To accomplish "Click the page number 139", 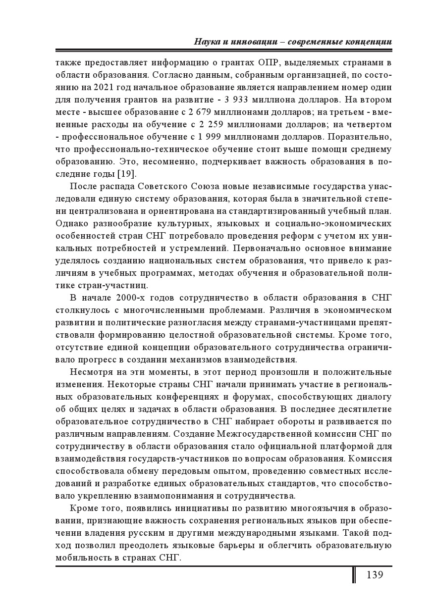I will [375, 575].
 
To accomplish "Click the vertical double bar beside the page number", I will [354, 575].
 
